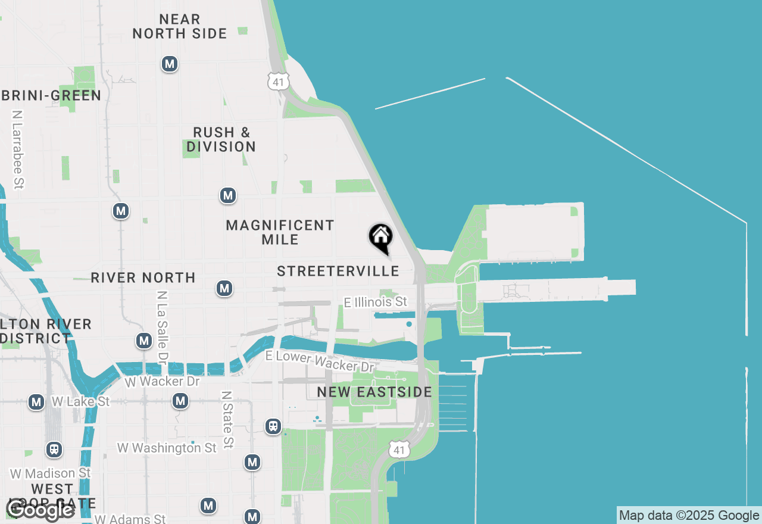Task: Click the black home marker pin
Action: pos(380,238)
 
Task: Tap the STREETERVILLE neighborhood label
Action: pos(338,272)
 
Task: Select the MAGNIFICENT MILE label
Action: pos(280,232)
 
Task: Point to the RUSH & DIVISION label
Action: pos(221,139)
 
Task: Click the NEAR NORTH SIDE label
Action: pos(180,27)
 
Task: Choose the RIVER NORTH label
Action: pos(143,277)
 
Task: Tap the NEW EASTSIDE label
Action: pos(374,392)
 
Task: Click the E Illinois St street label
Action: pos(376,302)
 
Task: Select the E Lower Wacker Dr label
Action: pos(320,361)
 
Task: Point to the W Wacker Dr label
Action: pos(162,381)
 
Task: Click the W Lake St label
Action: pos(80,401)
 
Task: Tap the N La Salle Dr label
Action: pos(161,327)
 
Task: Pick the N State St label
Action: pos(226,420)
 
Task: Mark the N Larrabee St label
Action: pos(18,149)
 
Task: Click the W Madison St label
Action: pos(51,473)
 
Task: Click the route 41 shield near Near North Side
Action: pos(278,82)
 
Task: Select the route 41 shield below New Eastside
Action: pos(399,450)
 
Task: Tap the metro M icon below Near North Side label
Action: pos(170,64)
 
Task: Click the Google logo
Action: pos(40,510)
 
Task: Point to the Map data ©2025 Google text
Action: pos(689,516)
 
